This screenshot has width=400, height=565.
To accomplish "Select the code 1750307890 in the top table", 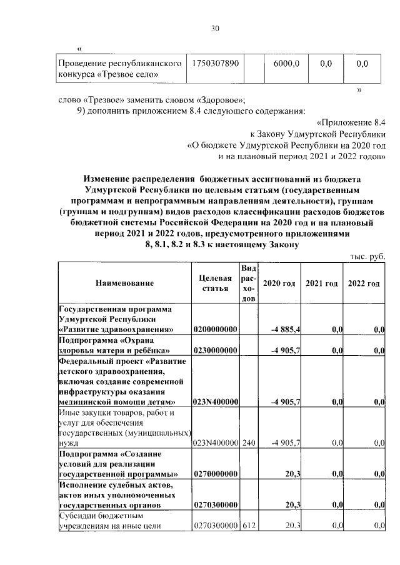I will click(216, 64).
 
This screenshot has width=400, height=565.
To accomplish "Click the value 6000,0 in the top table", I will click(287, 64).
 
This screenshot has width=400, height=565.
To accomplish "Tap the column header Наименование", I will click(124, 283).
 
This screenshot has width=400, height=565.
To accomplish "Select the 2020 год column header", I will click(279, 283).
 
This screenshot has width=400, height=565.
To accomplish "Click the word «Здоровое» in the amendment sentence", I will click(220, 100).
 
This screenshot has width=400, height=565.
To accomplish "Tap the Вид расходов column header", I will click(248, 283).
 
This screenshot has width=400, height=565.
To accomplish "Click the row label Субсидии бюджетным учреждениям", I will click(110, 521).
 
